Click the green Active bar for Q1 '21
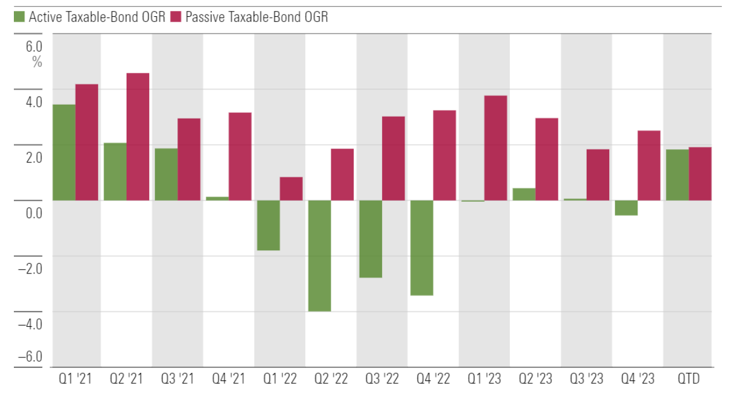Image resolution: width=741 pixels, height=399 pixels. click(x=64, y=153)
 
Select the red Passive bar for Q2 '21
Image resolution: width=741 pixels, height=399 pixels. click(x=138, y=137)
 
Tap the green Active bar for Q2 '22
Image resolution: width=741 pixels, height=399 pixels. click(x=319, y=256)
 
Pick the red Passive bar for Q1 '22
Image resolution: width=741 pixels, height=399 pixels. click(x=291, y=189)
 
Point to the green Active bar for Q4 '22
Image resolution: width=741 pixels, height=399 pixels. click(x=421, y=247)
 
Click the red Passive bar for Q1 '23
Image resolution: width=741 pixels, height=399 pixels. click(x=495, y=148)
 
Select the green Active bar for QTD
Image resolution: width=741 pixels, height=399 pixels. click(x=677, y=175)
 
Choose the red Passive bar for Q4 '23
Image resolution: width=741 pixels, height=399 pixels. click(x=649, y=165)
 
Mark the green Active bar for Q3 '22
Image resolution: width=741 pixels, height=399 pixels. click(x=370, y=239)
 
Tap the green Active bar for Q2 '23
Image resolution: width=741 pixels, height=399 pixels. click(x=524, y=194)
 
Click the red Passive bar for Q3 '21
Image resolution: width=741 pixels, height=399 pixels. click(x=189, y=160)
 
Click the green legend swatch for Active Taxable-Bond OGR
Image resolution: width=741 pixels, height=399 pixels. click(x=18, y=17)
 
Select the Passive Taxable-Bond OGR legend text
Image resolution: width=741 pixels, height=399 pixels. click(x=257, y=17)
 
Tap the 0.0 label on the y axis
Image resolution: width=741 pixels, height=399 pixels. click(x=34, y=213)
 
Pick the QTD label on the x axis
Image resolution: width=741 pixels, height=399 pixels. click(x=688, y=379)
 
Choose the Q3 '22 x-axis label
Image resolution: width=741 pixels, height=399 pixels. click(x=382, y=379)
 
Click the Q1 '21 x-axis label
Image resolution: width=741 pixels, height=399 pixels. click(x=76, y=379)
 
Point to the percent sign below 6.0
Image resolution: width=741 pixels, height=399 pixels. click(x=38, y=62)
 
